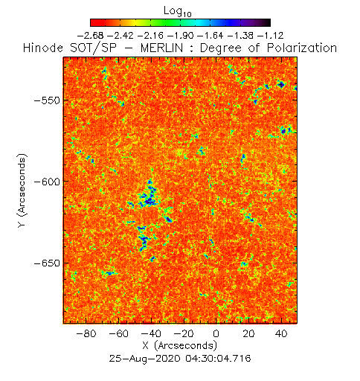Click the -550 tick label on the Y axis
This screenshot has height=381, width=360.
47,101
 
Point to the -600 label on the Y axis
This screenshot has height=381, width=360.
47,182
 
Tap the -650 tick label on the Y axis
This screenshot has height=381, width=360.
47,263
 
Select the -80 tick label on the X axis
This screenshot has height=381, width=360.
86,333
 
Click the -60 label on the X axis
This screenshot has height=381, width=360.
118,333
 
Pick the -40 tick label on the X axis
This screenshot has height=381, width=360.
151,333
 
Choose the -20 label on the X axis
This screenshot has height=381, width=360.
184,333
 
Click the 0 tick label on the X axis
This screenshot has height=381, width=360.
216,333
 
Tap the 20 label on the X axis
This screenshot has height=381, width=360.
248,333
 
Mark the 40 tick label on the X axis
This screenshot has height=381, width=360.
281,333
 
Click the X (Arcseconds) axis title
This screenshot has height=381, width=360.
180,346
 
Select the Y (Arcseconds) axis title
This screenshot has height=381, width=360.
22,190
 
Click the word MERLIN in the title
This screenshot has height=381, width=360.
162,48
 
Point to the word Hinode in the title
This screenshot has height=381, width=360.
43,48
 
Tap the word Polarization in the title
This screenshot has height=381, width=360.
302,48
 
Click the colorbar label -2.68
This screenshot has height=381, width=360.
91,36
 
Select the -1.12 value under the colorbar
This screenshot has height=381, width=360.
271,36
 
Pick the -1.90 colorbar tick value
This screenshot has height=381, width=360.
181,36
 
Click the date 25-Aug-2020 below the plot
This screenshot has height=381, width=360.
144,359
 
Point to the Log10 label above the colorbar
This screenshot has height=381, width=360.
178,12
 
